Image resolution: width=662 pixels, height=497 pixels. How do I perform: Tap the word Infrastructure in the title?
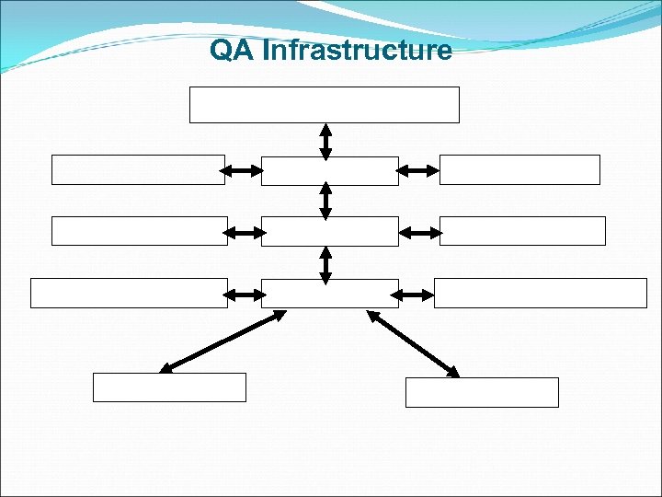(357, 50)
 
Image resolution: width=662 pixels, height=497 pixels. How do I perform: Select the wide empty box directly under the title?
(324, 105)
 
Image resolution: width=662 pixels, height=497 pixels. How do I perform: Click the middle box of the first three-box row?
(329, 171)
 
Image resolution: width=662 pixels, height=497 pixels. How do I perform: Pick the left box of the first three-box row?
(138, 170)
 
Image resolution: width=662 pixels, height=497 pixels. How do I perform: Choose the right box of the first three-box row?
(519, 170)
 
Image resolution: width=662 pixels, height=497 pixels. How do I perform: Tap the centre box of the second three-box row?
(329, 232)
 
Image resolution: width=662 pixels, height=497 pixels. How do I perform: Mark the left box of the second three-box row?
(139, 231)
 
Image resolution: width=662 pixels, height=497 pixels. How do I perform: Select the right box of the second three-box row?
(522, 231)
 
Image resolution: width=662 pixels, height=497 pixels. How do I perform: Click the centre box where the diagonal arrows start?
(329, 294)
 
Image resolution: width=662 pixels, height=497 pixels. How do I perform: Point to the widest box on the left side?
(129, 293)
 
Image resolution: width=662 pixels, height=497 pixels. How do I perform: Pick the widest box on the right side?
(541, 293)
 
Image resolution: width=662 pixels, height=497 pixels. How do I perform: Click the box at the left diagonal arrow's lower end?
(169, 387)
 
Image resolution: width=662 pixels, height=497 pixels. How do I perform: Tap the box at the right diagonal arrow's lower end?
(482, 392)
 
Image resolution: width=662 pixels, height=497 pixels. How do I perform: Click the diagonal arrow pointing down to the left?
(223, 341)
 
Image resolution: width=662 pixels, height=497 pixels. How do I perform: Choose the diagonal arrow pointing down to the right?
(413, 342)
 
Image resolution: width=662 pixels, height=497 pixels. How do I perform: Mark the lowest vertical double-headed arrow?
(325, 262)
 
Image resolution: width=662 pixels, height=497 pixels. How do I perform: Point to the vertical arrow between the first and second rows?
(325, 201)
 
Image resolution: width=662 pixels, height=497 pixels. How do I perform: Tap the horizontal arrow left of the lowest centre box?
(244, 295)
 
